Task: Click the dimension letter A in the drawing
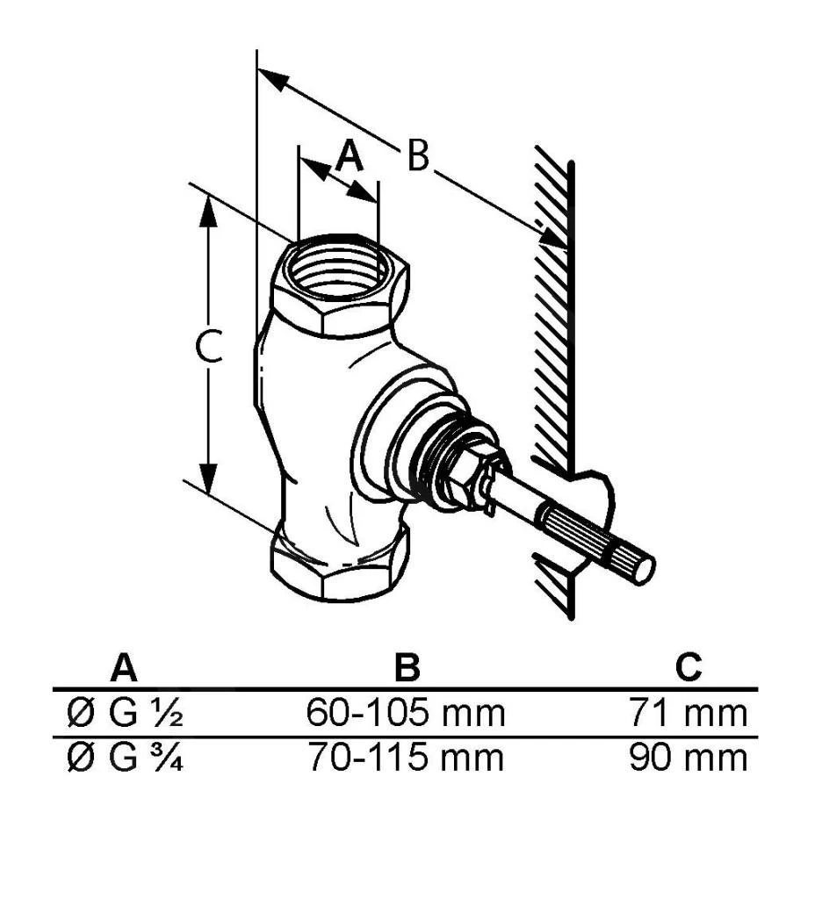tap(350, 156)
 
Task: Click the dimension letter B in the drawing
tap(418, 155)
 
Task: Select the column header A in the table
tap(124, 667)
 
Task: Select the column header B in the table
tap(407, 667)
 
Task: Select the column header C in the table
tap(689, 667)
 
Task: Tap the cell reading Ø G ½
tap(125, 713)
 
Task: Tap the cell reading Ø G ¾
tap(125, 758)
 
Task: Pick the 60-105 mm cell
tap(406, 713)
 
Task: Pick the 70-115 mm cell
tap(406, 758)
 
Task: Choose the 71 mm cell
tap(689, 713)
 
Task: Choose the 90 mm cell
tap(689, 758)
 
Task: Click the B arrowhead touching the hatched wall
tap(550, 235)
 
